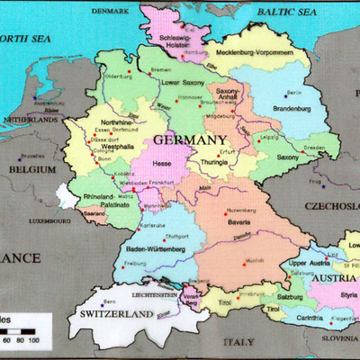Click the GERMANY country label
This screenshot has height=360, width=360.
tap(189, 141)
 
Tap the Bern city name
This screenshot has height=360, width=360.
tap(111, 301)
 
